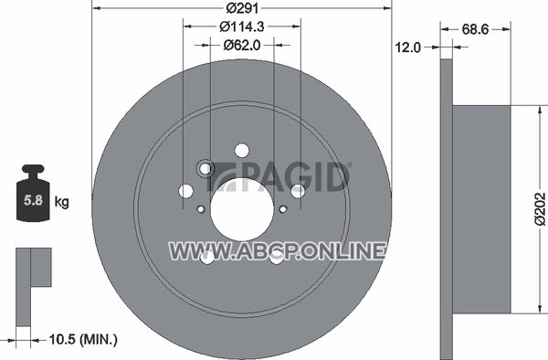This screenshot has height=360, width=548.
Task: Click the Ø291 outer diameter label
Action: (x=242, y=8)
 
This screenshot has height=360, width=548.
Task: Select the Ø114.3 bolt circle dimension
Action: (x=241, y=26)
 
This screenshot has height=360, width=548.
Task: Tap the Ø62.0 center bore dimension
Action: (x=242, y=46)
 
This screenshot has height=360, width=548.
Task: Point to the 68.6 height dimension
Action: (x=475, y=30)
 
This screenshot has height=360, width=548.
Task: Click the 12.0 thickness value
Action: (x=408, y=48)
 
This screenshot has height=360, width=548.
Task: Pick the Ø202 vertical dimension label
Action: (x=541, y=208)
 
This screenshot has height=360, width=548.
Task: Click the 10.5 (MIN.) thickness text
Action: (x=83, y=339)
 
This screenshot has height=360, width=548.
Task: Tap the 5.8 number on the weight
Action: (x=33, y=201)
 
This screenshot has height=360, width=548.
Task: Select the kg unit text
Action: (x=61, y=202)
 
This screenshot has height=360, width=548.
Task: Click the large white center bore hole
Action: (x=242, y=209)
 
